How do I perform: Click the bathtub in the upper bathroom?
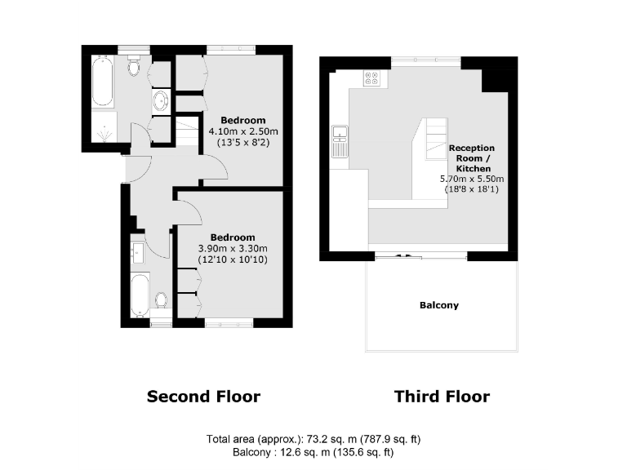(102, 82)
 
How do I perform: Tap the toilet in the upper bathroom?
(135, 67)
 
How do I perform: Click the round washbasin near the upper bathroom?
(161, 101)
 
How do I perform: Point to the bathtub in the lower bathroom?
(140, 295)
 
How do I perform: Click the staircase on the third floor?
(434, 135)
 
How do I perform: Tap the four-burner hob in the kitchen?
(371, 78)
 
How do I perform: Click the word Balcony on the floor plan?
(439, 305)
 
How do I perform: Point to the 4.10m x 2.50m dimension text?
(243, 131)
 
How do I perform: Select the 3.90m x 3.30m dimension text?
(233, 249)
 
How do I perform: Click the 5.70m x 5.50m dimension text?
(472, 179)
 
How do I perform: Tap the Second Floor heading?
(203, 397)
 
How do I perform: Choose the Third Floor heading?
(442, 397)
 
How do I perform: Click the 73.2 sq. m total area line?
(313, 440)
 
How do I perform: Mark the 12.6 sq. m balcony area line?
(313, 452)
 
